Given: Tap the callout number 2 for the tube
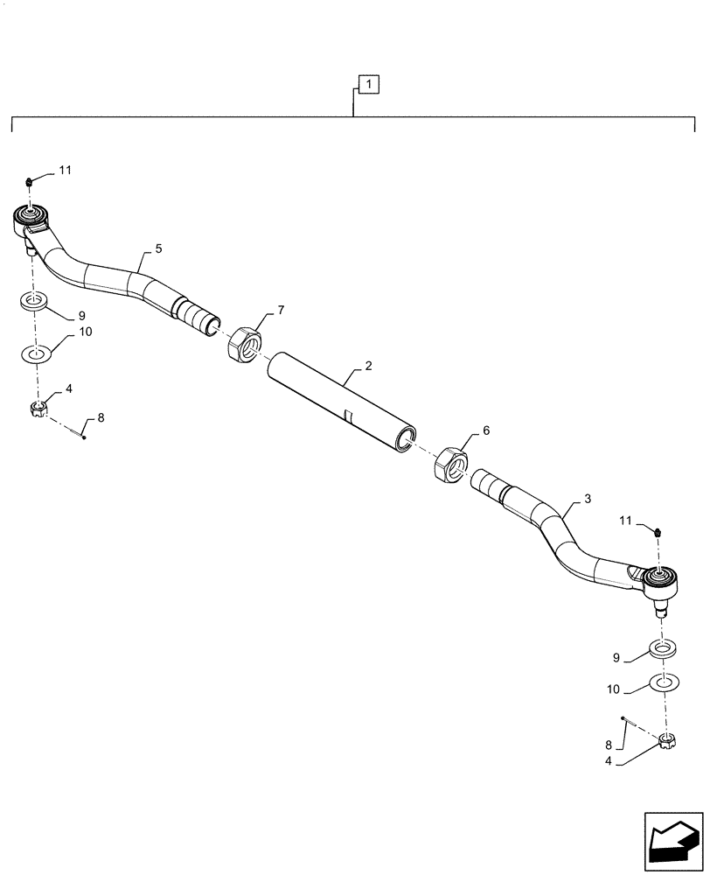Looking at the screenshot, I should click(x=368, y=365).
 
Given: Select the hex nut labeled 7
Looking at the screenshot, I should click(x=245, y=345).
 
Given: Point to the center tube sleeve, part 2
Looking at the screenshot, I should click(x=341, y=402).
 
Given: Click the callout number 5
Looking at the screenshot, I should click(x=158, y=248).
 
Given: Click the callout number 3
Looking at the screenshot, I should click(x=588, y=498).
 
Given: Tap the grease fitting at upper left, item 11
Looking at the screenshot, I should click(x=30, y=181).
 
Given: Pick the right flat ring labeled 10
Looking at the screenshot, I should click(x=664, y=682).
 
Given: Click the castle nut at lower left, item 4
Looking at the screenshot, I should click(x=38, y=407).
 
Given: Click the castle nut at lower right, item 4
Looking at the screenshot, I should click(x=667, y=743).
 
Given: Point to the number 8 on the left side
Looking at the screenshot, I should click(x=101, y=418).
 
